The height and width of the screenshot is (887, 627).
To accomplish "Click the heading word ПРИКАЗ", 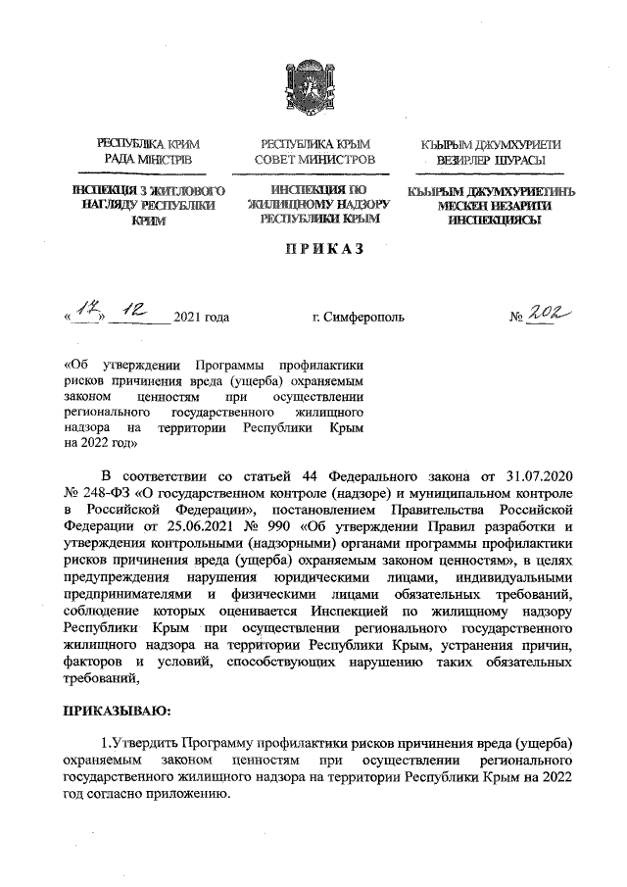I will click(313, 250).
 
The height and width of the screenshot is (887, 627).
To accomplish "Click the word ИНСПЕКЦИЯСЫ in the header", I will click(484, 222).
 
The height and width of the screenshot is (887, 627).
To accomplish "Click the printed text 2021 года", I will click(201, 318).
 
